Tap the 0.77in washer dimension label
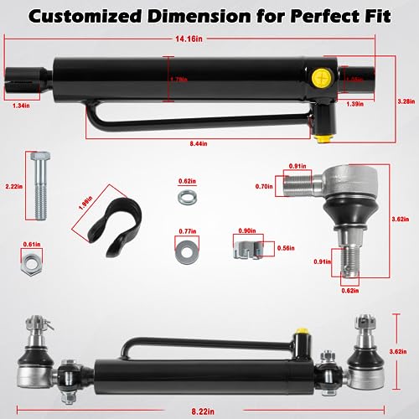(187, 230)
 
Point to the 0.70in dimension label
(266, 188)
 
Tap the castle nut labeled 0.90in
(244, 248)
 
